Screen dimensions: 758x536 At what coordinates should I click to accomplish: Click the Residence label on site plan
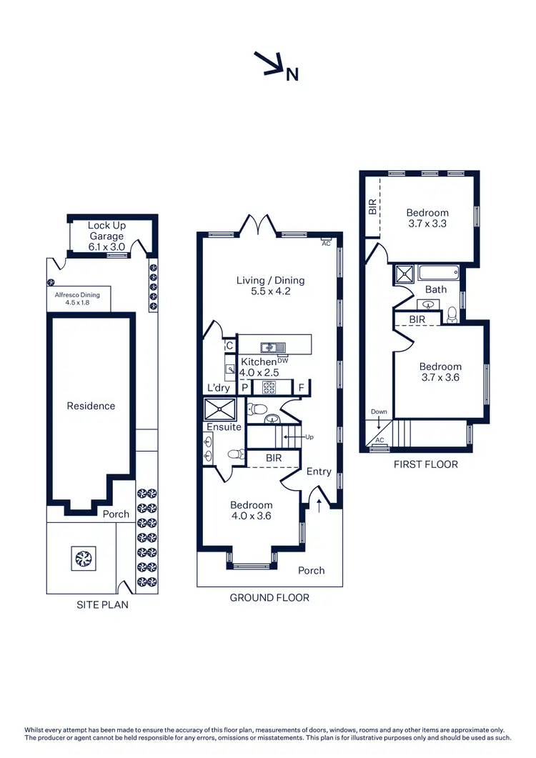point(91,406)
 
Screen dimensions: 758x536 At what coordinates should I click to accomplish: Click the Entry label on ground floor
point(319,472)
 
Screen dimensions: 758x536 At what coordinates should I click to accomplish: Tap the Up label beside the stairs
point(309,437)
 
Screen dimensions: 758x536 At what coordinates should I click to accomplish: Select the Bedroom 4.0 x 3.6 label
point(252,510)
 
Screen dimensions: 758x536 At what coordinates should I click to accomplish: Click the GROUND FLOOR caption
point(269,597)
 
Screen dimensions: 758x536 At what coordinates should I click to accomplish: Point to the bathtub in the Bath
point(438,272)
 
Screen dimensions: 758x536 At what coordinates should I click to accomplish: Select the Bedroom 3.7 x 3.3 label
point(427,218)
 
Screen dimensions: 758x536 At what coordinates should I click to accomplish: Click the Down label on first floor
point(378,412)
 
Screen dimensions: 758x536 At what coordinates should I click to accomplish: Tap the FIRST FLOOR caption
point(426,464)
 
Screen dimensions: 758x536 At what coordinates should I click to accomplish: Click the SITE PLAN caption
point(103,604)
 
